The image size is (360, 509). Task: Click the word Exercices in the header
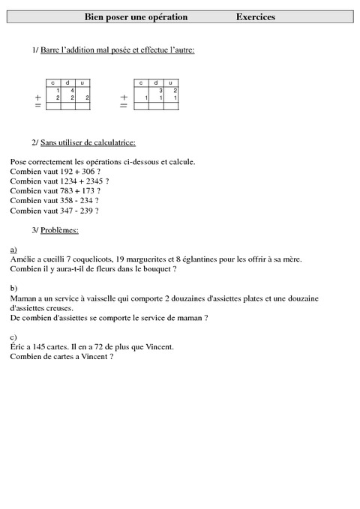tap(255, 16)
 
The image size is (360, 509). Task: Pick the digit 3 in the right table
tap(160, 90)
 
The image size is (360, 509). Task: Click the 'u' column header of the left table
tap(82, 82)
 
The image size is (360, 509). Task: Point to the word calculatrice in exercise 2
tap(112, 142)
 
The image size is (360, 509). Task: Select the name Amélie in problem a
tap(23, 259)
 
